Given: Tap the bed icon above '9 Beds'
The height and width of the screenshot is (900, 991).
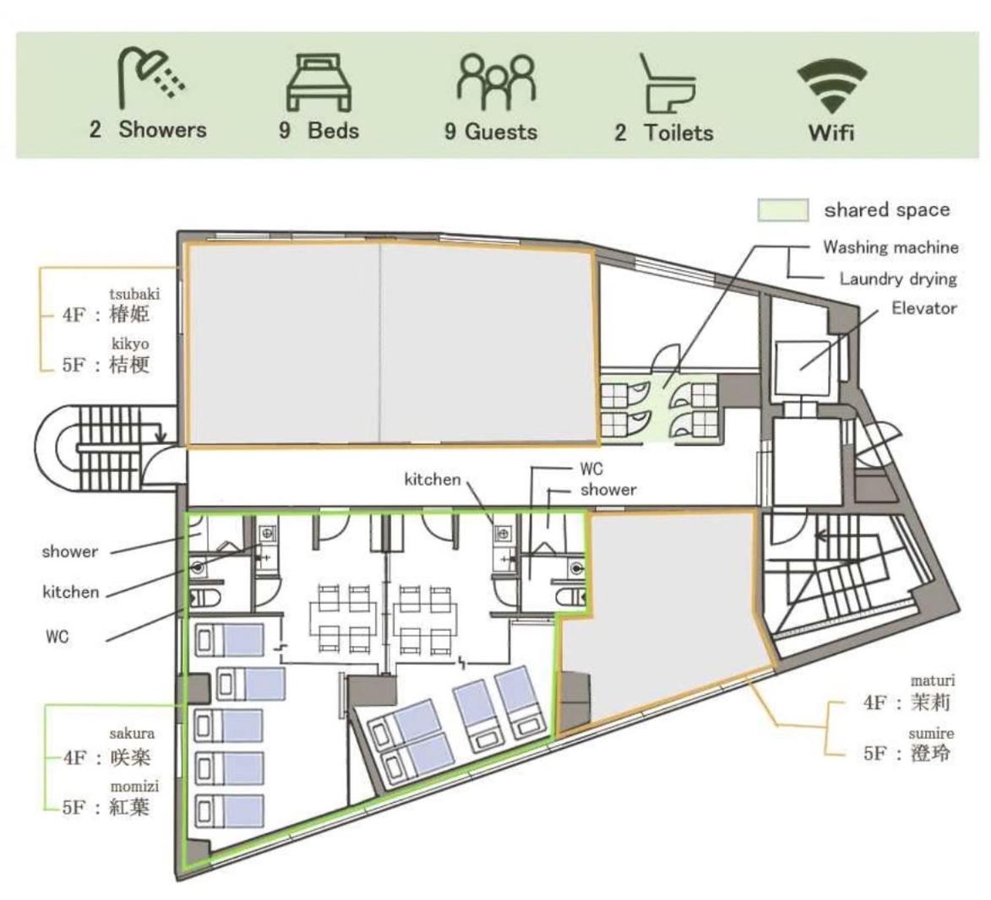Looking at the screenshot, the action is point(319,83).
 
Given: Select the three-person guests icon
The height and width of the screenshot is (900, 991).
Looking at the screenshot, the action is point(496,82).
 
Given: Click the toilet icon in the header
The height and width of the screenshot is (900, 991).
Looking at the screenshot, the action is point(667,83).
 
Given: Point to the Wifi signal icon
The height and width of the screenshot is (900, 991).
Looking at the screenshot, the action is point(831,86).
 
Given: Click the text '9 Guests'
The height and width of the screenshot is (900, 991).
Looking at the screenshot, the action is point(491,132).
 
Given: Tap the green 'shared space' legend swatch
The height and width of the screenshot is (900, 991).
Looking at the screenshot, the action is point(783,210).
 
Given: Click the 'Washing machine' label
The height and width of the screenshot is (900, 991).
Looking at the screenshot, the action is point(890,247).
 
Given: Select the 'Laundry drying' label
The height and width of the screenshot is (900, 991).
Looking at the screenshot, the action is point(898,279).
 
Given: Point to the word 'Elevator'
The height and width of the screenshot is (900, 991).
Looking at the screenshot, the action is point(924,308).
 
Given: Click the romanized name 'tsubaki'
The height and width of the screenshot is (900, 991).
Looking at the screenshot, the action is point(134,294).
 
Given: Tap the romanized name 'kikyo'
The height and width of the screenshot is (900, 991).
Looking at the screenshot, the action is point(131,344).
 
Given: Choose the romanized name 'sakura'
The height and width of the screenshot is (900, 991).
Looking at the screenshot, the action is point(132,734).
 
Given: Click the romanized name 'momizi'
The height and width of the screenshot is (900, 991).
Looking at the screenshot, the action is point(134,786).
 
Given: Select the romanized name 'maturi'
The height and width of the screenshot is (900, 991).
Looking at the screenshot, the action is point(933,680).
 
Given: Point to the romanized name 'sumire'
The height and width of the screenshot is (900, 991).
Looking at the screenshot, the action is point(932,734).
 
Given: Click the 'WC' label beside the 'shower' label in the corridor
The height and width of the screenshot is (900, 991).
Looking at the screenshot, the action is point(591,469).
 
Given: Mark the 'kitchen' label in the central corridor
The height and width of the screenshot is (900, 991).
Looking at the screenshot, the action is point(433,480).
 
